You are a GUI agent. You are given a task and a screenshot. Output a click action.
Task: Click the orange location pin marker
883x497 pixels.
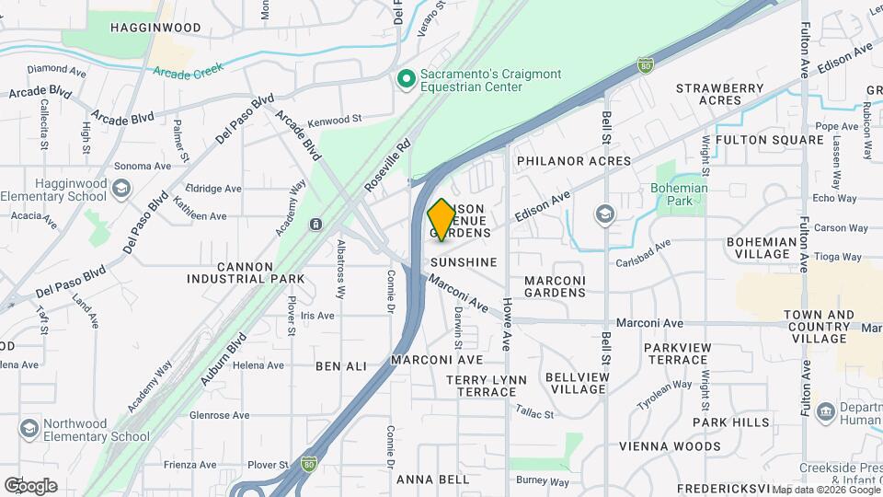pyautogui.click(x=441, y=219)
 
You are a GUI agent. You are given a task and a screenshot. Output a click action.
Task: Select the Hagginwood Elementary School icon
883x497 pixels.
pyautogui.click(x=120, y=191)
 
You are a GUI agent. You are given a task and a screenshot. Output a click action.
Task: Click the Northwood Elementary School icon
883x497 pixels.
pyautogui.click(x=29, y=430)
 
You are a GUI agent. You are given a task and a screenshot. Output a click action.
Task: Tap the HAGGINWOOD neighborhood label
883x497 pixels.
pyautogui.click(x=155, y=28)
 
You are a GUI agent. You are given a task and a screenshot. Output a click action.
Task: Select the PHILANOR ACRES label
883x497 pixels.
pyautogui.click(x=574, y=161)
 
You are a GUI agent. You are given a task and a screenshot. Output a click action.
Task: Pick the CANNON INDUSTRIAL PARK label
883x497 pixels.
pyautogui.click(x=246, y=272)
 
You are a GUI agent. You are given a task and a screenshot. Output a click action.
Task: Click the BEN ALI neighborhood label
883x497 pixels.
pyautogui.click(x=341, y=366)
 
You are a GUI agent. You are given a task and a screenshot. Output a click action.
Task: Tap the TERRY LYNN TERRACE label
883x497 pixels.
pyautogui.click(x=487, y=386)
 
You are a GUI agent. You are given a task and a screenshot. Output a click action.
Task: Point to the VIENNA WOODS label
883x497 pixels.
pyautogui.click(x=671, y=446)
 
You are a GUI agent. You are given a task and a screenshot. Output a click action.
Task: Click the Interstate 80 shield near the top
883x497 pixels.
pyautogui.click(x=646, y=65)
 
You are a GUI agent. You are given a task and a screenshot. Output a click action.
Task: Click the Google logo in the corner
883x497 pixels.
pyautogui.click(x=30, y=485)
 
